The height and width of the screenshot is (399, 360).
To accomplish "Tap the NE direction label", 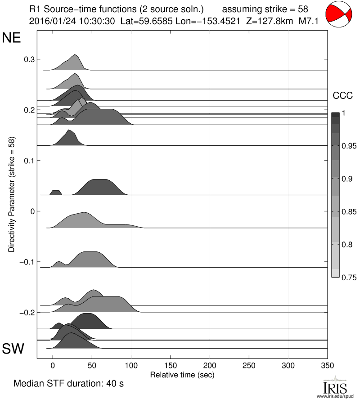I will click(12, 38).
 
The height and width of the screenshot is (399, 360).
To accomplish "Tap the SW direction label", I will click(13, 349).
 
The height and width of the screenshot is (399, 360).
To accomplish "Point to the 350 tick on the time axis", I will click(327, 365).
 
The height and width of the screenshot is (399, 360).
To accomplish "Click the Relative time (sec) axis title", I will click(182, 374).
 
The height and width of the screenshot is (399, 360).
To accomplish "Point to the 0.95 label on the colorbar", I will click(345, 146).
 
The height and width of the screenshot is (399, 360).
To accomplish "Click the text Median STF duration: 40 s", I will click(69, 384).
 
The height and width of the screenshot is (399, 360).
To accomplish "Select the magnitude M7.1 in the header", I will click(310, 21).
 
